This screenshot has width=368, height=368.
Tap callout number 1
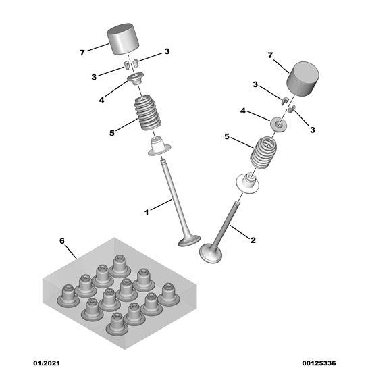click(x=146, y=212)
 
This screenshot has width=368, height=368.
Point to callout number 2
click(x=253, y=239)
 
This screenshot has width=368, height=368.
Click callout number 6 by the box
click(x=63, y=240)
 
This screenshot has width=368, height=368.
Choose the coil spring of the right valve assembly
click(x=264, y=155)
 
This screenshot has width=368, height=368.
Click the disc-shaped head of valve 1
click(x=189, y=240)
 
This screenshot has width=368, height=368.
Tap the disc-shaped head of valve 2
click(x=211, y=254)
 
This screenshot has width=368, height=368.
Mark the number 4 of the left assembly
click(x=101, y=100)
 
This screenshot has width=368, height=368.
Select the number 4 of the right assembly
click(x=243, y=111)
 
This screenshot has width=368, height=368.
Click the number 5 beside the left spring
click(x=112, y=132)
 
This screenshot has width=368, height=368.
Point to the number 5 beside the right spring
click(x=227, y=136)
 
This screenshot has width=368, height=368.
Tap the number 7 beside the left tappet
click(x=82, y=52)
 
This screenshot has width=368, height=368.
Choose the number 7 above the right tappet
click(x=270, y=54)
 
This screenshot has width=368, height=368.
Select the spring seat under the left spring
click(x=159, y=147)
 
